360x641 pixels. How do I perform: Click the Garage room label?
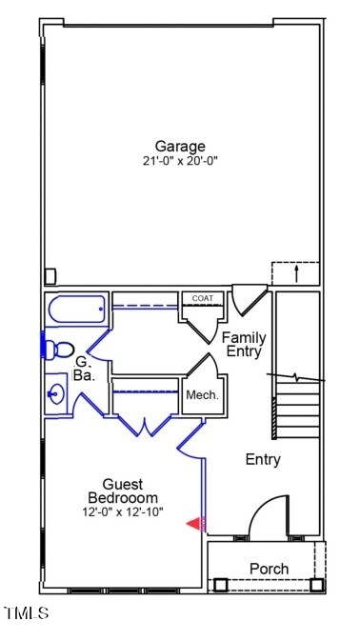pyautogui.click(x=181, y=147)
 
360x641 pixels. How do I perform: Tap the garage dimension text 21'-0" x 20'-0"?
pyautogui.click(x=181, y=161)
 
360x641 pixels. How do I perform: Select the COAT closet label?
pyautogui.click(x=202, y=299)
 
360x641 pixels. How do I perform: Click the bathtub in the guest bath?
pyautogui.click(x=76, y=310)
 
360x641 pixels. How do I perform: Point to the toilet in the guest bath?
pyautogui.click(x=59, y=349)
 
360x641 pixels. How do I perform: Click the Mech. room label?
pyautogui.click(x=202, y=395)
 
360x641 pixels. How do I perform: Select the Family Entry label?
pyautogui.click(x=245, y=344)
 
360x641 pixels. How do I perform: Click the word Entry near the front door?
pyautogui.click(x=263, y=460)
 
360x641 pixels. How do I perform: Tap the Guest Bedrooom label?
pyautogui.click(x=123, y=491)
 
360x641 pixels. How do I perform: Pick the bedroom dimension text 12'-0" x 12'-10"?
pyautogui.click(x=123, y=512)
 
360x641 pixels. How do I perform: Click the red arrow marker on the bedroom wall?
pyautogui.click(x=194, y=523)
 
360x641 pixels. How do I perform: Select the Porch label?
pyautogui.click(x=269, y=569)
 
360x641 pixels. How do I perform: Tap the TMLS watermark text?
pyautogui.click(x=27, y=613)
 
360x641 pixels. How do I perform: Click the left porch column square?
pyautogui.click(x=222, y=585)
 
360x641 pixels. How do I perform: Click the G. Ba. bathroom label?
pyautogui.click(x=84, y=369)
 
